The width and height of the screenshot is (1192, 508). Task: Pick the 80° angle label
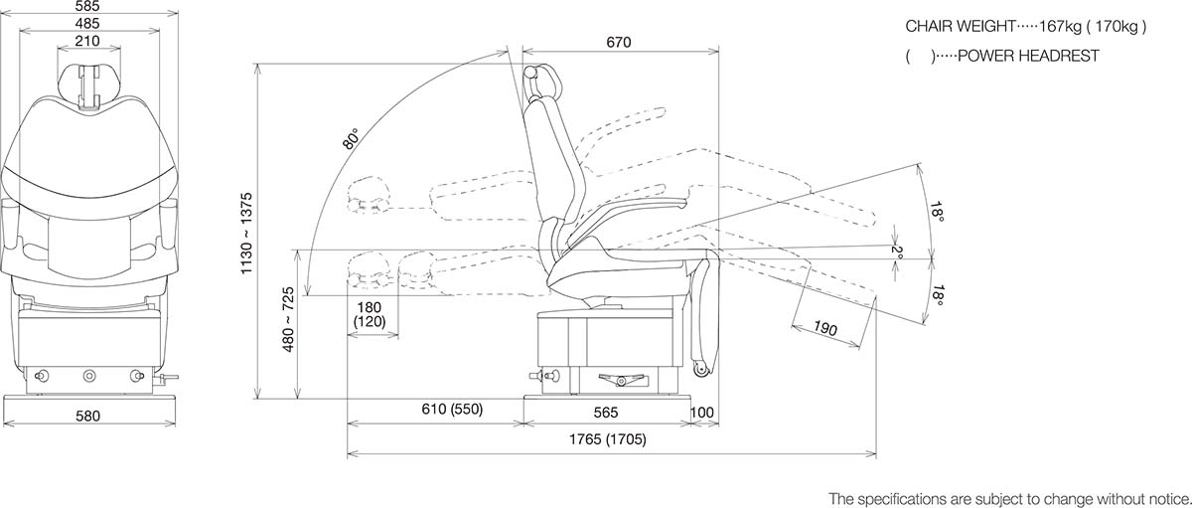[x=350, y=140]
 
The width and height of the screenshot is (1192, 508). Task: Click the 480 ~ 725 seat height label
[x=289, y=329]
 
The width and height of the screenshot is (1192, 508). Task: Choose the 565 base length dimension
[x=606, y=411]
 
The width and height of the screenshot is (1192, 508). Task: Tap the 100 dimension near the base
[x=702, y=411]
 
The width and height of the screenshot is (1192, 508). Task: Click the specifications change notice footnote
[x=1008, y=497]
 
